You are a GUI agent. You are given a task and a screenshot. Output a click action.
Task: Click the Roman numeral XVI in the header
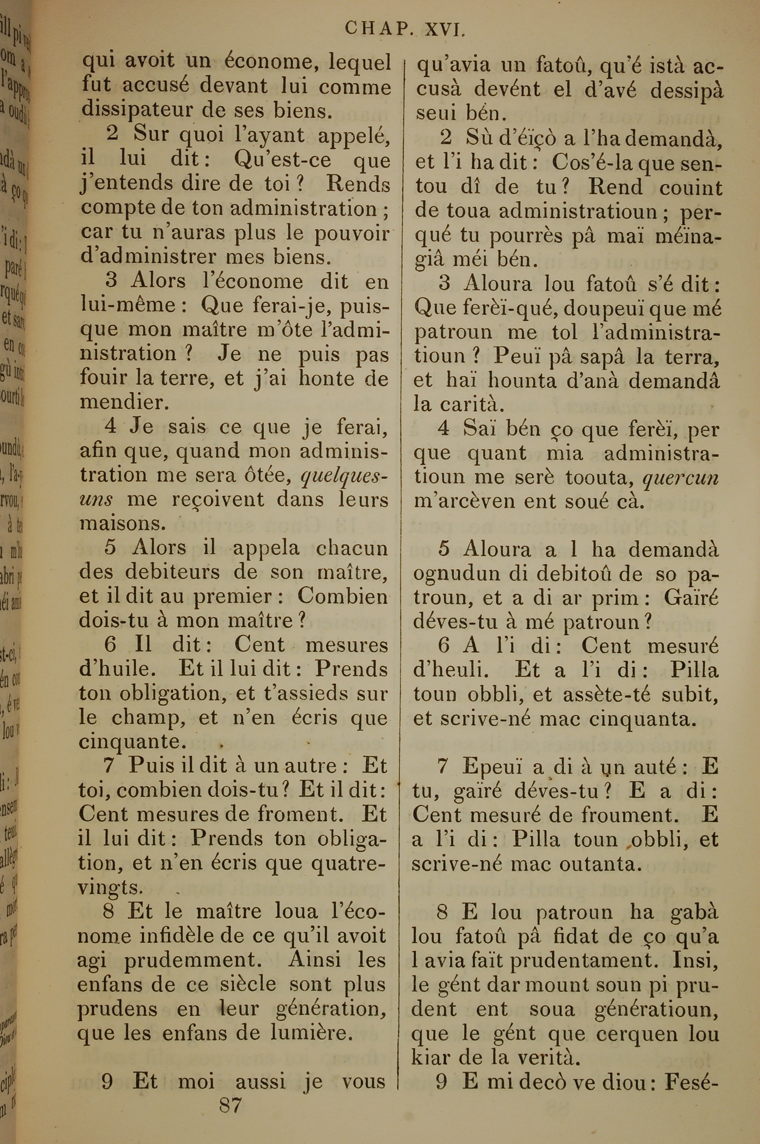point(445,30)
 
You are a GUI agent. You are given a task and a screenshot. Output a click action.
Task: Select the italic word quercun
point(681,478)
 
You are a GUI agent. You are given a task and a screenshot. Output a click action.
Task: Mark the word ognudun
point(450,574)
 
